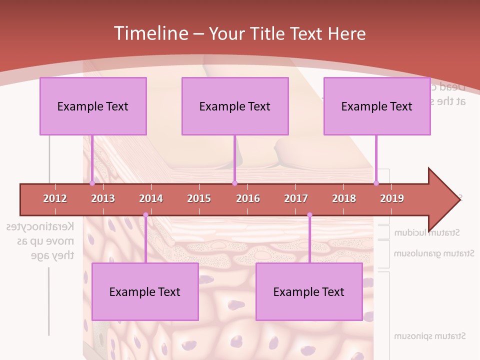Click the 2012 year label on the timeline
click(x=55, y=198)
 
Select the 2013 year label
click(x=103, y=198)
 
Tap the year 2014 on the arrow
click(x=151, y=198)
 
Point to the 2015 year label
click(x=199, y=198)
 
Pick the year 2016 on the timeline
click(x=248, y=198)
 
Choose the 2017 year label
click(x=296, y=198)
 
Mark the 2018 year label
click(x=344, y=198)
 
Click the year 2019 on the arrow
click(x=392, y=198)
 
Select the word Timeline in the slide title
click(x=150, y=33)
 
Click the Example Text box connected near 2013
click(x=93, y=106)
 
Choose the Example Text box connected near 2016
click(x=235, y=106)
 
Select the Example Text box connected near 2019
click(x=377, y=106)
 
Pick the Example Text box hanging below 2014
click(x=145, y=291)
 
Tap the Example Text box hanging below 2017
click(x=309, y=291)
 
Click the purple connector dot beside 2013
click(x=92, y=183)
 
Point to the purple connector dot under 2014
click(x=145, y=215)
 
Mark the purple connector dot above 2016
click(x=234, y=183)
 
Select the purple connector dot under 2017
click(x=309, y=215)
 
